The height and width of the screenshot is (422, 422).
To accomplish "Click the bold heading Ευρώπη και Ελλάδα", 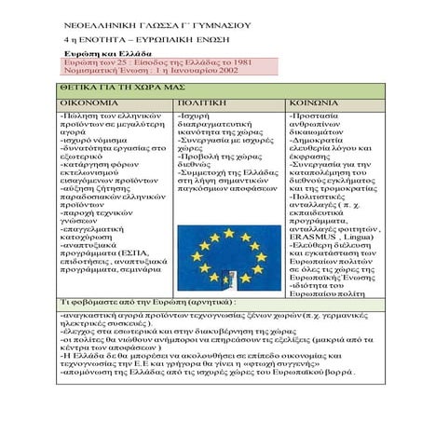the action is (x=108, y=53).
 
